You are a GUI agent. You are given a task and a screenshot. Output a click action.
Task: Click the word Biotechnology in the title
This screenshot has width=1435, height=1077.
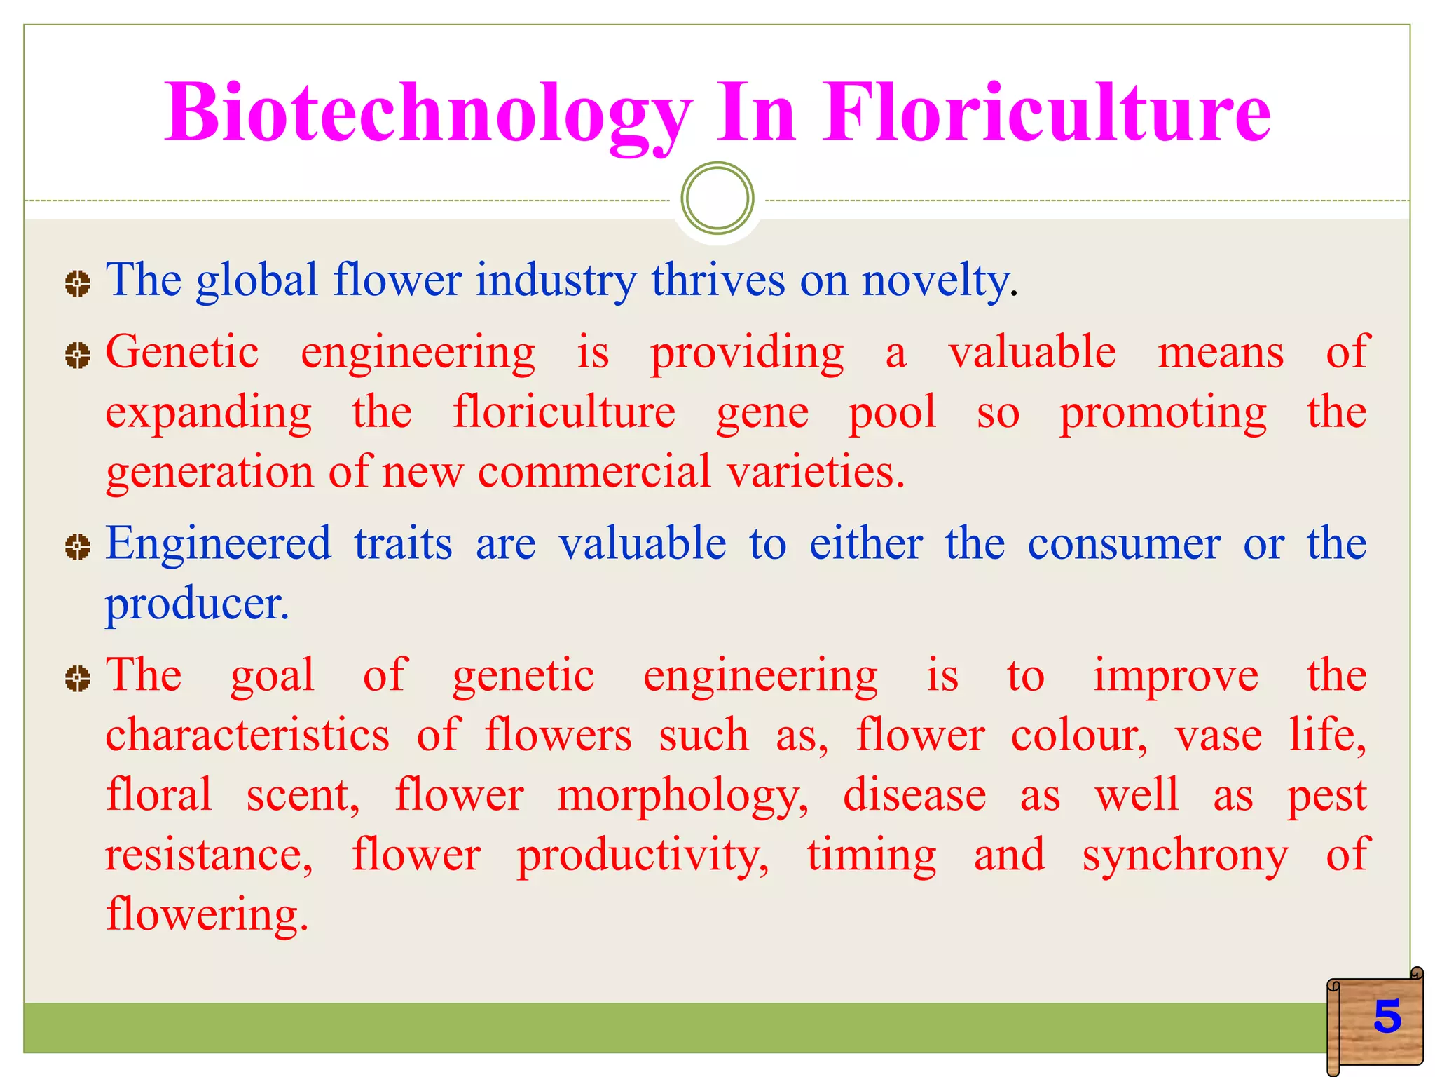pos(427,114)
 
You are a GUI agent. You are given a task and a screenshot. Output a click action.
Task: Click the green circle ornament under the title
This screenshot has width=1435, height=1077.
pos(717,198)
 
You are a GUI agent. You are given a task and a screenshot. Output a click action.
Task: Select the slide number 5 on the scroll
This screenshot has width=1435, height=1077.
pos(1387,1016)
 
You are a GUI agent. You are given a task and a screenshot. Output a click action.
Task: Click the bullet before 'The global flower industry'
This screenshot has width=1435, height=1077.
pos(77,284)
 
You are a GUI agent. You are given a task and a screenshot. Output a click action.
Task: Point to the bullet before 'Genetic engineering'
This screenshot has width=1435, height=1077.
pos(77,355)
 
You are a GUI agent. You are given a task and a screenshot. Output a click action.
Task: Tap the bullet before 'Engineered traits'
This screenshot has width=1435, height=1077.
pos(77,547)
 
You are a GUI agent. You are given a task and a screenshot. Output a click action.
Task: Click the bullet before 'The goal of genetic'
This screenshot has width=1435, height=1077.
pos(77,678)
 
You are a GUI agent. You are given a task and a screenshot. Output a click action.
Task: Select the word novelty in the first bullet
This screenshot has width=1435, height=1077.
pos(935,281)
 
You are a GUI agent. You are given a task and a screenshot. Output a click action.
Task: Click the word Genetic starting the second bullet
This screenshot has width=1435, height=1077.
pos(182,353)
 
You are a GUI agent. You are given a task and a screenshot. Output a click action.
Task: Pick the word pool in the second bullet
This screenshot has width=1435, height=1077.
pos(892,412)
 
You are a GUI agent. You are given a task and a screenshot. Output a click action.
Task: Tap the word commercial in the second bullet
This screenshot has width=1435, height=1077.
pos(594,472)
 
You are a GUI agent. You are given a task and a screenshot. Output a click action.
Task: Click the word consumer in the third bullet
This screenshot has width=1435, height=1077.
pos(1124,544)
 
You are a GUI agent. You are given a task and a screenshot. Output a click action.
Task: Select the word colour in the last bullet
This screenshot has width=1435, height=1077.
pos(1078,736)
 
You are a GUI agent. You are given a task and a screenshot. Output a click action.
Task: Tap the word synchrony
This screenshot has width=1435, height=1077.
pos(1185,856)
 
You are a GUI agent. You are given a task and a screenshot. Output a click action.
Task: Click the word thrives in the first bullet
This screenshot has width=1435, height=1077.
pos(718,281)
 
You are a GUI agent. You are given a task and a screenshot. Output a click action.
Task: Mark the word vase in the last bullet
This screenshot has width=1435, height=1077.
pos(1218,736)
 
